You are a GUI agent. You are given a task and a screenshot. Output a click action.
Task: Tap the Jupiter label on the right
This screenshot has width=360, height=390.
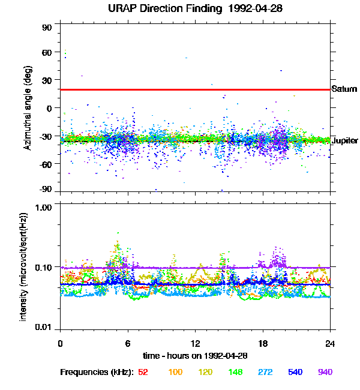[x=344, y=140]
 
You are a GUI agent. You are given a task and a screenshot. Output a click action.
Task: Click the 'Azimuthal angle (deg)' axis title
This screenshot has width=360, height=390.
[x=28, y=108]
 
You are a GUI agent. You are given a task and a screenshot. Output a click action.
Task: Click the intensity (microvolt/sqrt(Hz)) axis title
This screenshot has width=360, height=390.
[x=24, y=266]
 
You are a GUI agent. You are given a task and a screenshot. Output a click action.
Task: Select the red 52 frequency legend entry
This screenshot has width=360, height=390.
[x=143, y=372]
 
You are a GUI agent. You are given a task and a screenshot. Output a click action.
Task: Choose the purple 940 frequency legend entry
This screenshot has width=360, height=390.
[x=325, y=372]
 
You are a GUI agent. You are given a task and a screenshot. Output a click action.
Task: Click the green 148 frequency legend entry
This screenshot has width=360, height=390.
[x=235, y=372]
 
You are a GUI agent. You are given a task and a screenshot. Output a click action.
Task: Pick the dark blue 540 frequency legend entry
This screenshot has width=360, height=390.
[x=295, y=372]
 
